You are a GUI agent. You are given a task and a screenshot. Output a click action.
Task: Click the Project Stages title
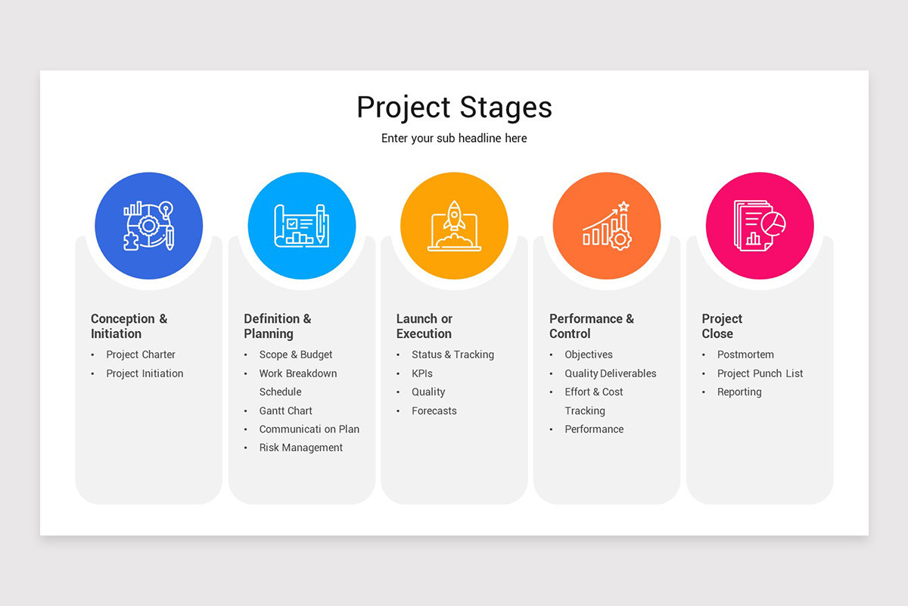click(454, 108)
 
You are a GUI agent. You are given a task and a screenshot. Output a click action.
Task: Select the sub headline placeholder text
click(454, 139)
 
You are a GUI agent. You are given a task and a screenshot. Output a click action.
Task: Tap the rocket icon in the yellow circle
click(454, 226)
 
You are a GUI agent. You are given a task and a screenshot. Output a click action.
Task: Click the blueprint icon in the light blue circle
click(301, 226)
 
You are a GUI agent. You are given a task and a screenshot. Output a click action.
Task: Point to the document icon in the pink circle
click(759, 226)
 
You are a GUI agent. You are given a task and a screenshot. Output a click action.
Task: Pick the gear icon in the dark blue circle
click(149, 226)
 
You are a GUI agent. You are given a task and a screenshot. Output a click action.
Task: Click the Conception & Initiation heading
click(129, 326)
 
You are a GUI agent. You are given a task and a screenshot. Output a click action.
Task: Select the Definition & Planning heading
click(277, 326)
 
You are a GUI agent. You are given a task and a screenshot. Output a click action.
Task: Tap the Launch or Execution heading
click(424, 326)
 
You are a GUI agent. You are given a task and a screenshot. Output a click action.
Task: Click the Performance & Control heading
click(592, 326)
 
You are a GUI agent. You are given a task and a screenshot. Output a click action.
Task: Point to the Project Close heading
click(722, 326)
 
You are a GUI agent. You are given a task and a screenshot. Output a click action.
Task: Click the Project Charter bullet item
click(141, 355)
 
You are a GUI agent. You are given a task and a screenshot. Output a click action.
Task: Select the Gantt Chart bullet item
click(286, 411)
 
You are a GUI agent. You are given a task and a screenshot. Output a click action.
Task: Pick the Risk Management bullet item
click(301, 448)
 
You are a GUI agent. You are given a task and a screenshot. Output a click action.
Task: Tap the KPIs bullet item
click(422, 373)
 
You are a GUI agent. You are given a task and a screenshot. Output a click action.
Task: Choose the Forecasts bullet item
click(434, 411)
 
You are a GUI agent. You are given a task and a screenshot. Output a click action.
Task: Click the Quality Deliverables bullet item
click(611, 373)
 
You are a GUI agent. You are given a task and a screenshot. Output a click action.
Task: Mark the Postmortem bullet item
click(745, 355)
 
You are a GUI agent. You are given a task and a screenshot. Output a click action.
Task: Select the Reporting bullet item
click(739, 392)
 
